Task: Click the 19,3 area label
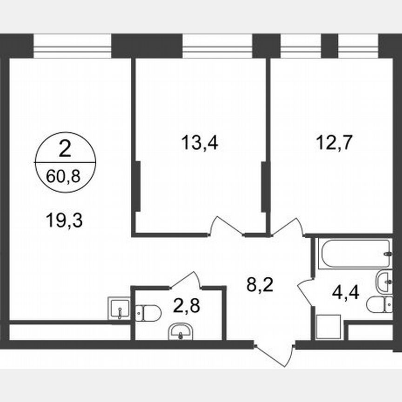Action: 64,220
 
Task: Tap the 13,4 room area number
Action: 200,143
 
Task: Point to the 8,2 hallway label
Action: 259,283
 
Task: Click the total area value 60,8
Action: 65,176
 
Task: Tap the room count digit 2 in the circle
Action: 65,149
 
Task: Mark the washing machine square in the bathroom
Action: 329,328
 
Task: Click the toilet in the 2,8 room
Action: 149,312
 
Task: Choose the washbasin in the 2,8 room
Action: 180,331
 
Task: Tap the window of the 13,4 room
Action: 217,47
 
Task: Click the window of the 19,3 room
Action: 73,47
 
